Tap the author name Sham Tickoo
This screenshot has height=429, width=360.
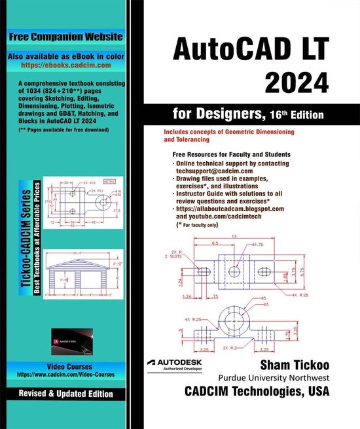[289, 364]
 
